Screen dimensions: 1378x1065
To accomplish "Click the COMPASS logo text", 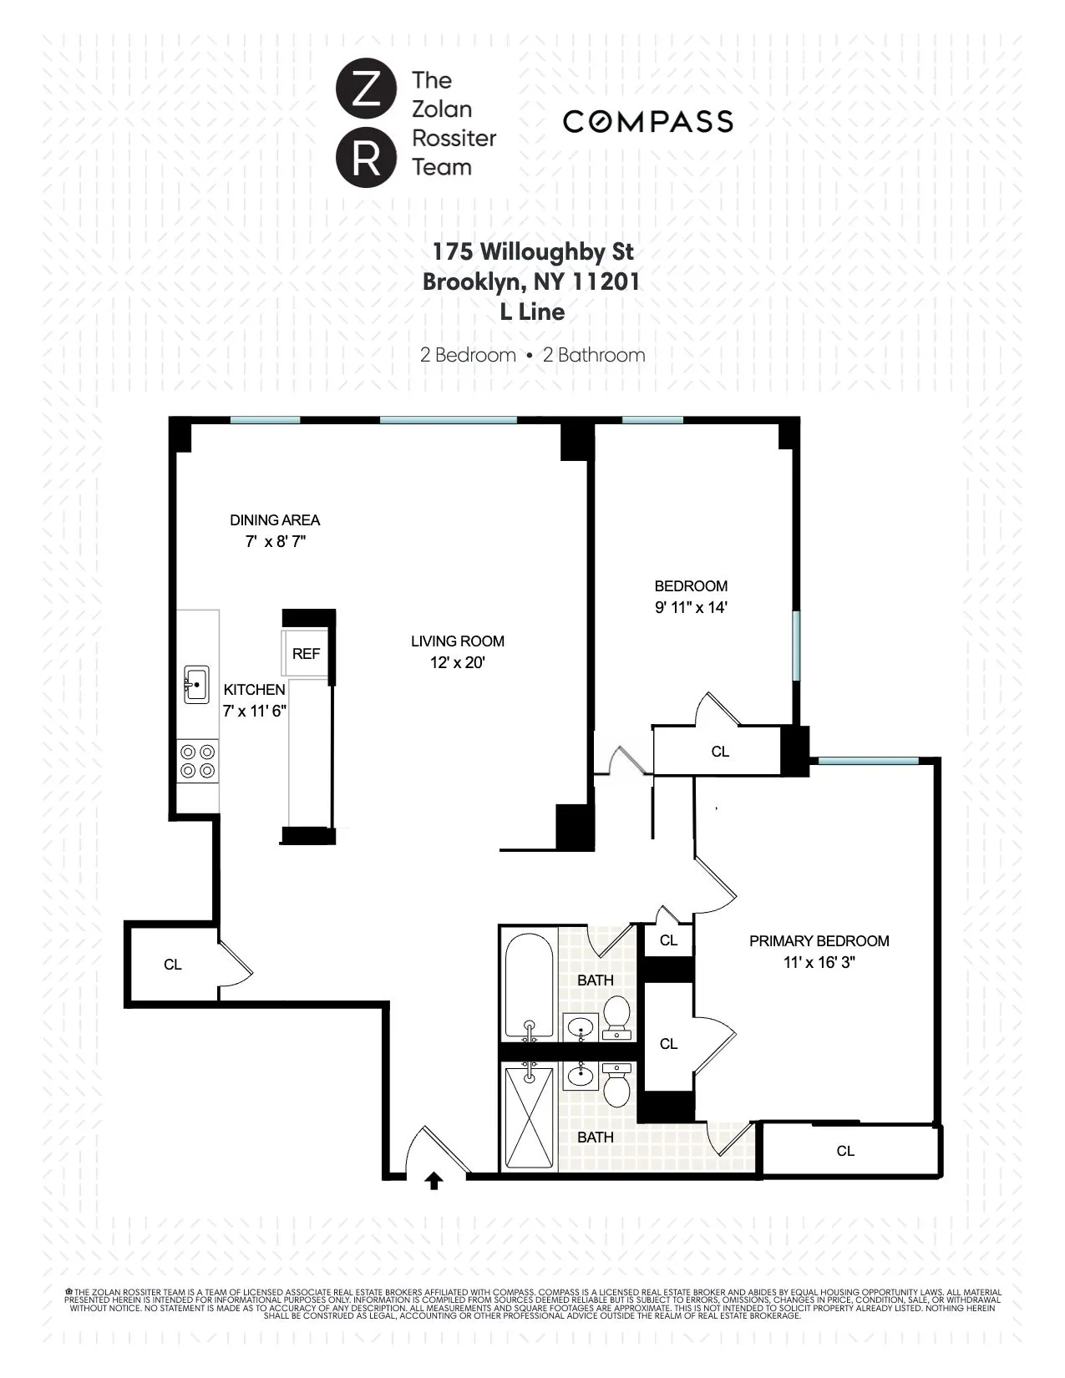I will pos(647,122).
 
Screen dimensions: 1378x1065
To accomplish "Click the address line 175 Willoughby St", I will pos(532,251).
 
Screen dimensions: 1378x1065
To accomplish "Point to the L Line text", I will pos(532,312).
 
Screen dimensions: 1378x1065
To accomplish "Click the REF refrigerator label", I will pos(306,654).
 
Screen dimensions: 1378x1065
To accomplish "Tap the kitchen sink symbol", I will pos(196,685).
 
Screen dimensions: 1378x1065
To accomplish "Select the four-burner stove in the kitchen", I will pos(198,761).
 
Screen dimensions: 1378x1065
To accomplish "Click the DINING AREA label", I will pos(275,520).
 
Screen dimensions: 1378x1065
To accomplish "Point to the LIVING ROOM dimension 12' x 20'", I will pos(457,663).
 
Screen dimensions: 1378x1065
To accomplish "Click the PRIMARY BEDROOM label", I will pos(819,941).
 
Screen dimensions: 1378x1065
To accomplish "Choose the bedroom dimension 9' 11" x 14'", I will pos(691,608).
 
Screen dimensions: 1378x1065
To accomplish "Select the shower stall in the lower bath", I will pos(529,1117).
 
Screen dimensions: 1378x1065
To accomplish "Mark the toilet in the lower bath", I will pos(617,1084).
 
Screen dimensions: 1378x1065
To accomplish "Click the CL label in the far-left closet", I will pos(173,965).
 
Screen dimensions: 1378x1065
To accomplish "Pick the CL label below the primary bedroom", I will pos(845,1151).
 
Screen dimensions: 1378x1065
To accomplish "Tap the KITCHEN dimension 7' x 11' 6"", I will pos(255,712).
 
